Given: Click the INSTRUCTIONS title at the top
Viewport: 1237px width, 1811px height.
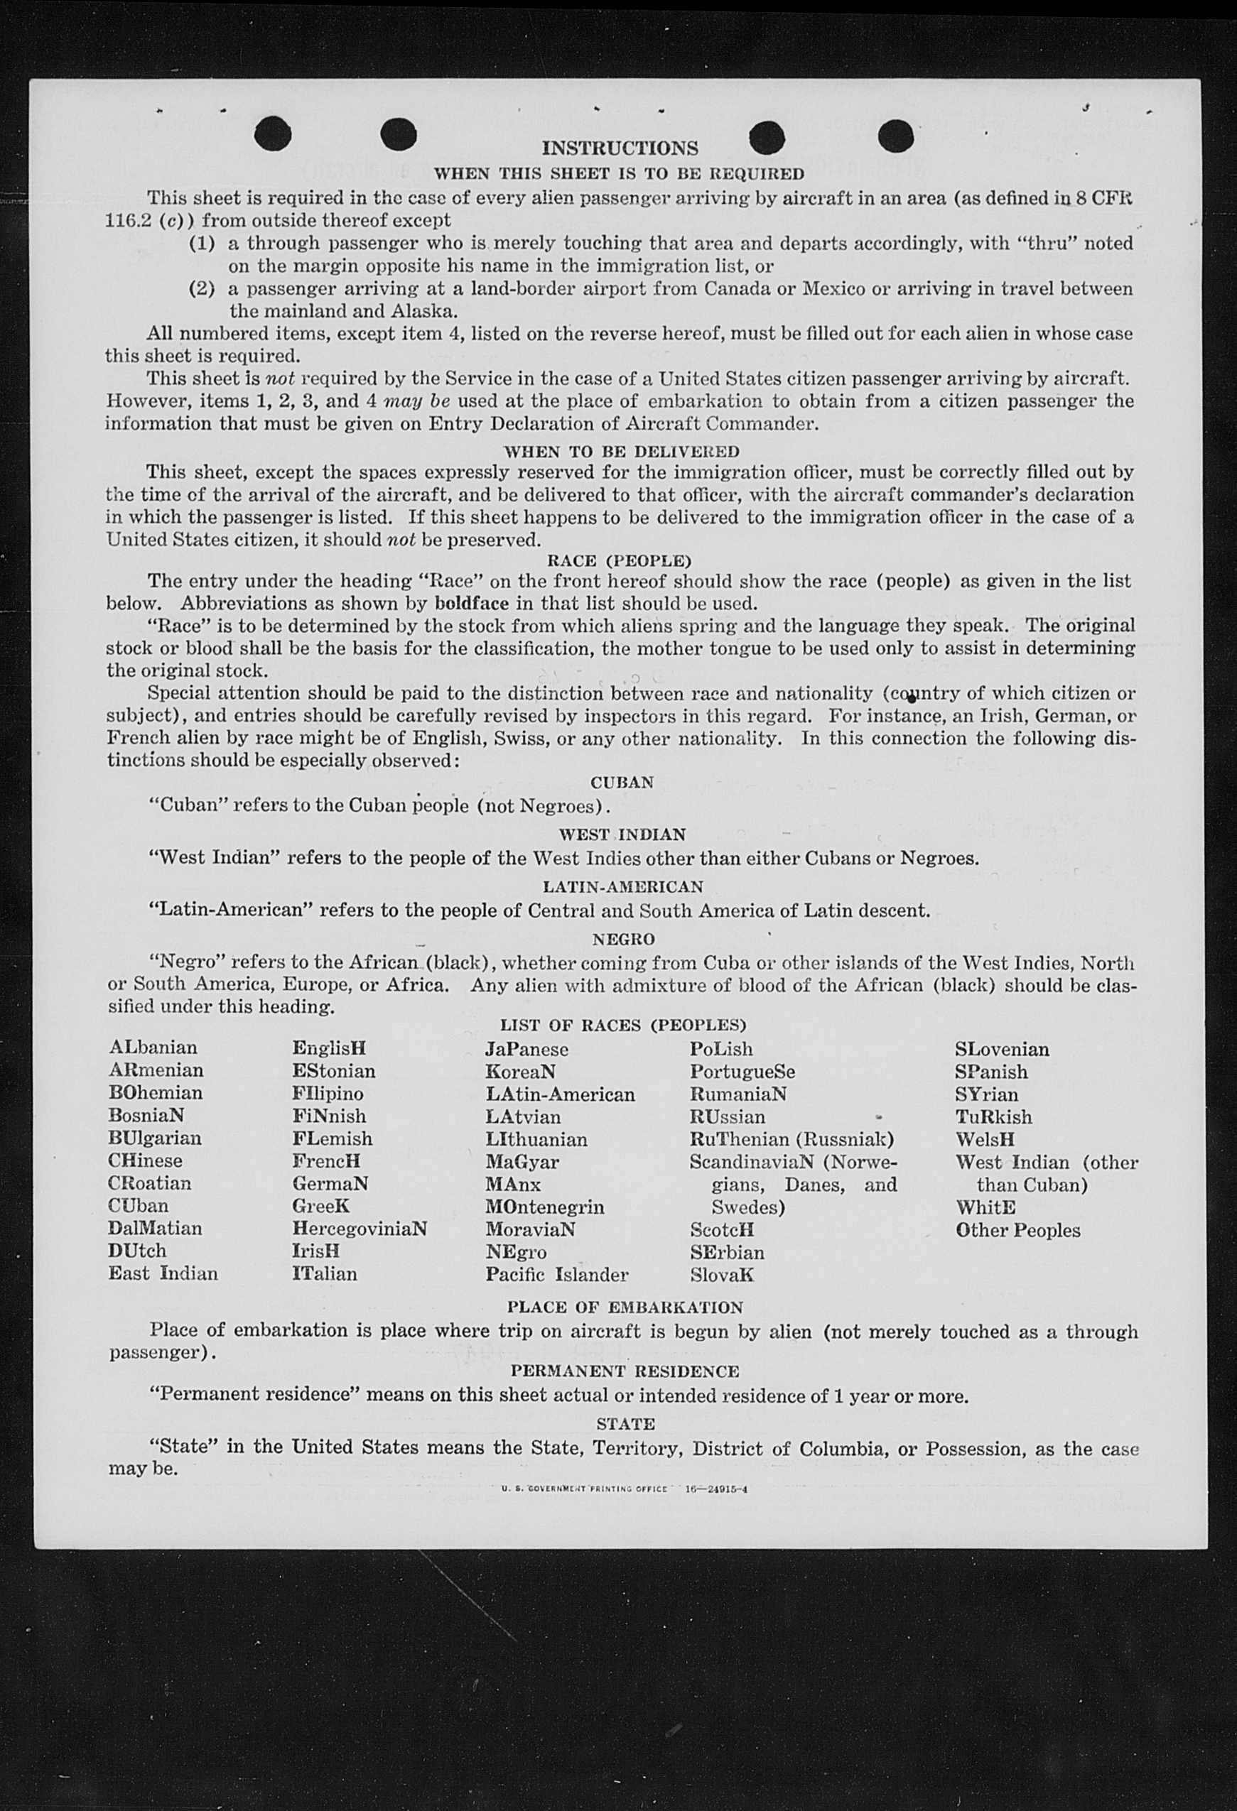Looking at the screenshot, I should click(620, 148).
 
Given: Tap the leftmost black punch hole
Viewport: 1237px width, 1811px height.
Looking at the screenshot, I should click(273, 134).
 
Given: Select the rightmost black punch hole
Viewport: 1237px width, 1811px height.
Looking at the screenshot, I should click(895, 136).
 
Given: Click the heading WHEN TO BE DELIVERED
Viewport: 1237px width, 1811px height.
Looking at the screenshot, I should click(621, 451).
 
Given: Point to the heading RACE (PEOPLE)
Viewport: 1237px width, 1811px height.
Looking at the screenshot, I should click(619, 560).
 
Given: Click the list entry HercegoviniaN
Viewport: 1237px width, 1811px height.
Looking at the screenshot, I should click(360, 1228).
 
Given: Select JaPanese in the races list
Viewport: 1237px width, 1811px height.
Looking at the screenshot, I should click(526, 1049).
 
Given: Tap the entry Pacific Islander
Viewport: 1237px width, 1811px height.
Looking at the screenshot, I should click(556, 1274).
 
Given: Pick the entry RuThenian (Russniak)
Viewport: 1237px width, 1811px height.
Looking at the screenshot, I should click(791, 1138).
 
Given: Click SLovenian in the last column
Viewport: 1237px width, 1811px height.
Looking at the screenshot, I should click(1002, 1049).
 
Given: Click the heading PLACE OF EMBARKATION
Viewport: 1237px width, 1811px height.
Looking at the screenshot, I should click(625, 1307).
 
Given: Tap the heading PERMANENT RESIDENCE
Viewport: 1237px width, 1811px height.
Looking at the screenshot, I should click(625, 1371).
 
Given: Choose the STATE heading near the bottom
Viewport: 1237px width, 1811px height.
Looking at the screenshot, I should click(625, 1424).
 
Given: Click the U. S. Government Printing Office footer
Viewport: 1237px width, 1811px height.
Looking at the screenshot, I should click(625, 1489).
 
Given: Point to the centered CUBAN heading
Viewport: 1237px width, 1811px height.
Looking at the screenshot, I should click(621, 782).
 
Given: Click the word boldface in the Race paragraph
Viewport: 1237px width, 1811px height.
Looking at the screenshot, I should click(472, 603).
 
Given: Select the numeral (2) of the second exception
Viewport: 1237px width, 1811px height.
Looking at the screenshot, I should click(202, 288).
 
